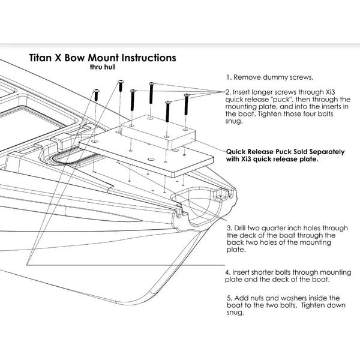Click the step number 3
click(229, 229)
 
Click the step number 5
click(230, 298)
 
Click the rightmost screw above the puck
click(187, 103)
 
